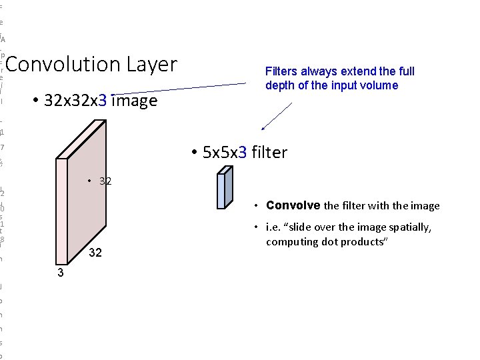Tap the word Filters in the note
281,71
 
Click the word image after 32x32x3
135,101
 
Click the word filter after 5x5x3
270,153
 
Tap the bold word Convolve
293,205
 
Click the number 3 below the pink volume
60,273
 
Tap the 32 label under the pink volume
96,253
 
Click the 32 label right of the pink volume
105,181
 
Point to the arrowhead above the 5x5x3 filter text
263,128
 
